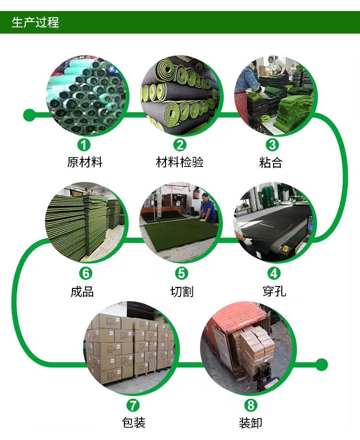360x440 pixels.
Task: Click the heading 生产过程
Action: (x=35, y=22)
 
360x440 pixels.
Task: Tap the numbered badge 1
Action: (x=84, y=144)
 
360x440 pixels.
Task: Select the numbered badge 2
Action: (x=180, y=144)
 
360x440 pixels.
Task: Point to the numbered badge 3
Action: (x=272, y=144)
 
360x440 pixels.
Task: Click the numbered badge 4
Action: (x=274, y=274)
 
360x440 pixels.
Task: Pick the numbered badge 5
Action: (x=181, y=274)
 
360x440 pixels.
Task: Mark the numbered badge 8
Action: (x=251, y=405)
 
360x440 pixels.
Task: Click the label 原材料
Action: (x=84, y=162)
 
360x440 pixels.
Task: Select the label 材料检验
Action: (x=180, y=162)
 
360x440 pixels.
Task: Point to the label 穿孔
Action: (x=274, y=291)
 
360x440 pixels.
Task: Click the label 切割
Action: (x=181, y=291)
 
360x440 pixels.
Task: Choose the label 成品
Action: (x=82, y=291)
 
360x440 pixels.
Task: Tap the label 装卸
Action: (x=251, y=423)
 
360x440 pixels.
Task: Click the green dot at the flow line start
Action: (x=29, y=115)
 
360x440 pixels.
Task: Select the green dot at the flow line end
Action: (x=322, y=364)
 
